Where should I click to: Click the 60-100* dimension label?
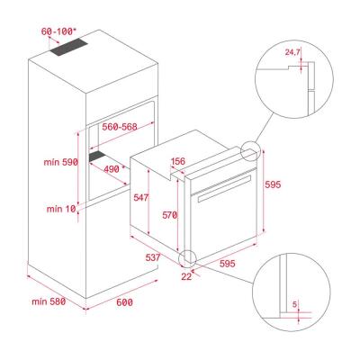click(58, 31)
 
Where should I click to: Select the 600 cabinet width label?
click(124, 302)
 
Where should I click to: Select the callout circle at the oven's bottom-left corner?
click(190, 258)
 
